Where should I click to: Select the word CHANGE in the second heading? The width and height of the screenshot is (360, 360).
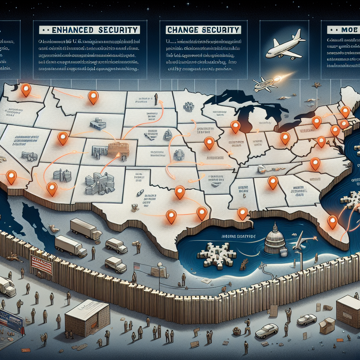[183, 30]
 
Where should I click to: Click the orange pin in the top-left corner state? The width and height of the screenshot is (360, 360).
[26, 90]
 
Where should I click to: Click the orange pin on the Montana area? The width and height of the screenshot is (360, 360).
[93, 97]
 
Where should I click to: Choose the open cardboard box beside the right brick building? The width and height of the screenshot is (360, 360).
[327, 326]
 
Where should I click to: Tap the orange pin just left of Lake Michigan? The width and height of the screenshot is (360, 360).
[235, 127]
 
